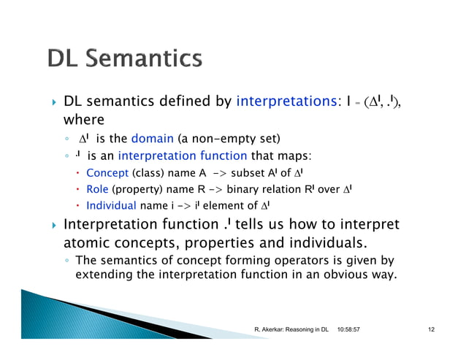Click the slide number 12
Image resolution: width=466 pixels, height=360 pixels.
pyautogui.click(x=432, y=331)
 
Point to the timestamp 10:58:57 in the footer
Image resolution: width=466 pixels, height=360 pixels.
pyautogui.click(x=354, y=331)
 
